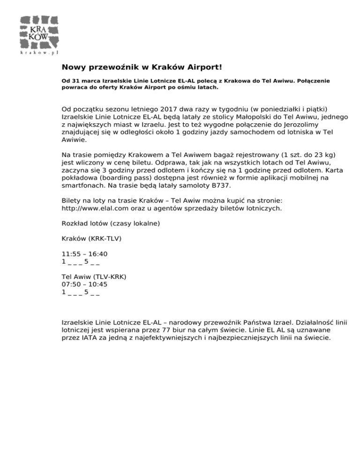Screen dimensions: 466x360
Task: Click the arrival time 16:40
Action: coord(98,254)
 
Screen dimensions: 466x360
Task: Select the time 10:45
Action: coord(98,284)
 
